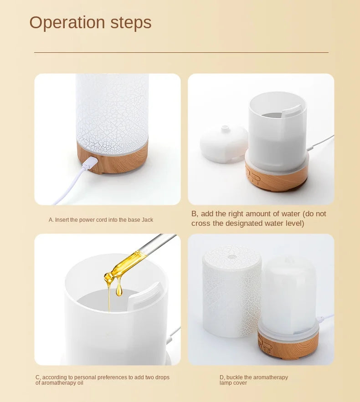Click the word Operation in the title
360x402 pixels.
point(67,23)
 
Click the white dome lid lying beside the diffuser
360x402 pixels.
point(224,143)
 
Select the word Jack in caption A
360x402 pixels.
point(147,220)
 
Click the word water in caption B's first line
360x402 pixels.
point(281,214)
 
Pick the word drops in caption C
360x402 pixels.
point(160,377)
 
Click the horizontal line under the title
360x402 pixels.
point(181,52)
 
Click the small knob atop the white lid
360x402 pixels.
point(225,128)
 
